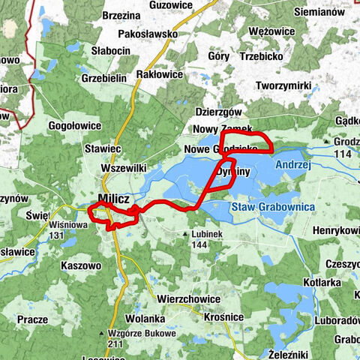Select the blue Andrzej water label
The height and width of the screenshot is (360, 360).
coord(292,163)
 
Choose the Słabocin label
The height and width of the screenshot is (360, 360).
coord(111,50)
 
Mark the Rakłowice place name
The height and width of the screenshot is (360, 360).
coord(161,74)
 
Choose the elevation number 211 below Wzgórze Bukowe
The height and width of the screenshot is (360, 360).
coord(115,344)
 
